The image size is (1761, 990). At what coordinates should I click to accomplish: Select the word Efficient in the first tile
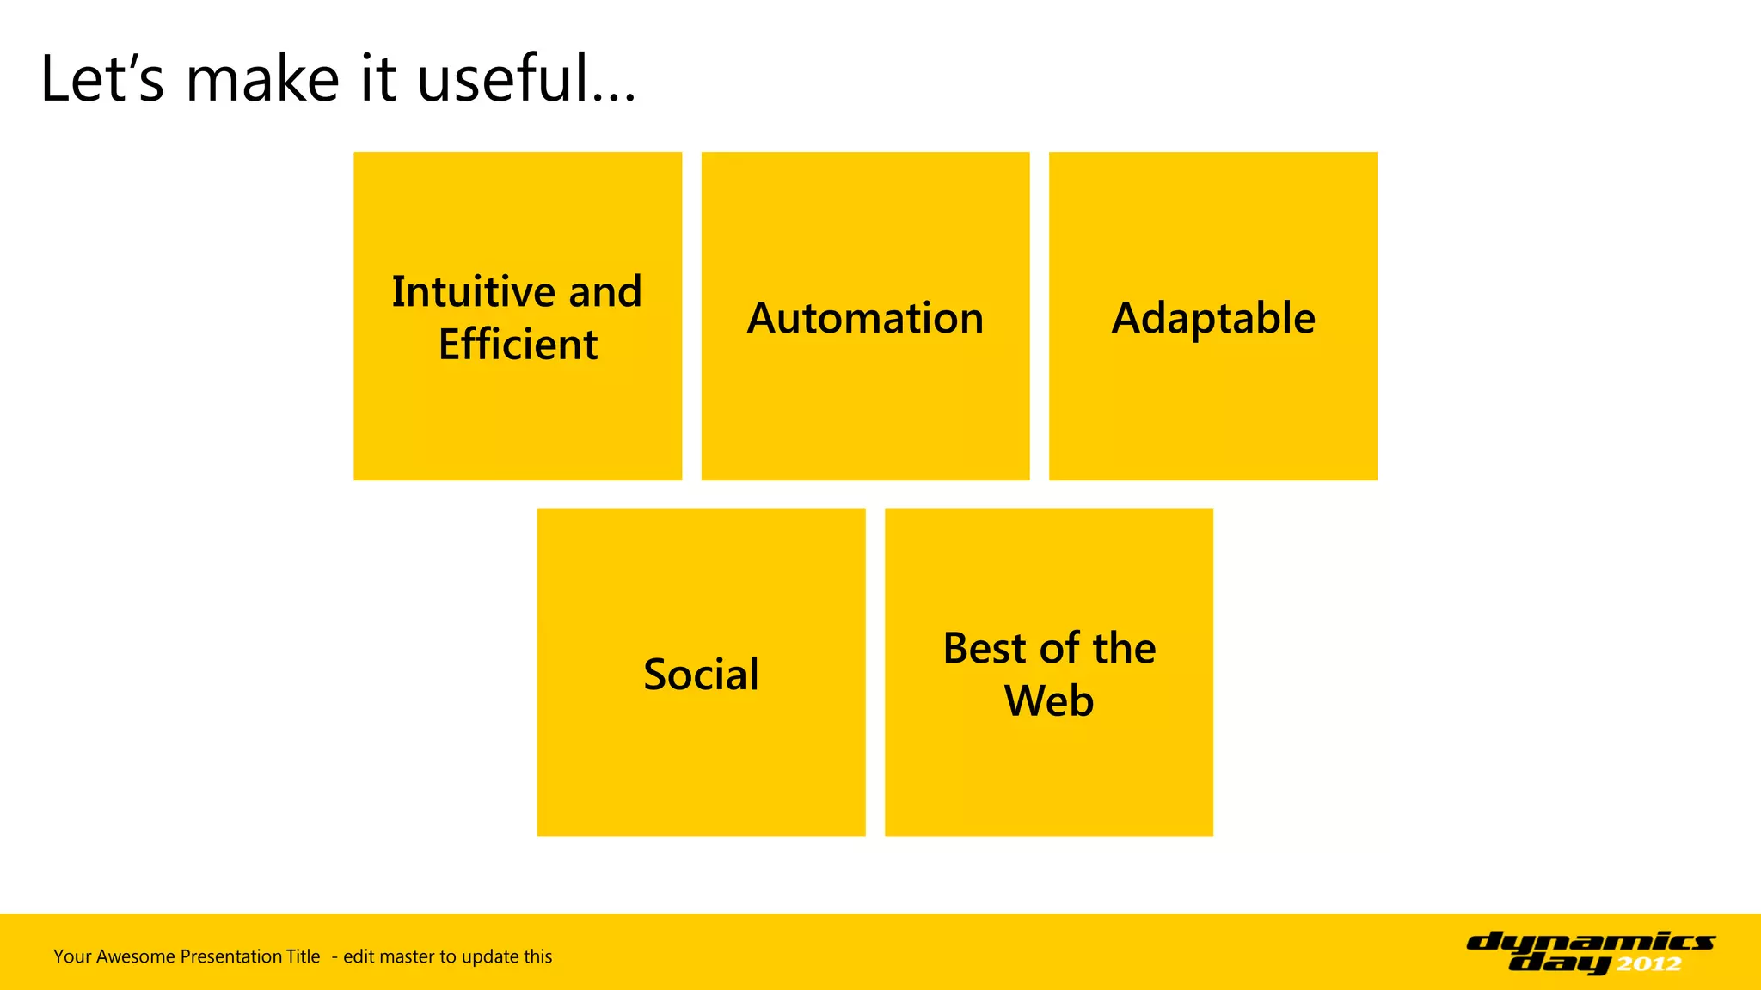pos(518,345)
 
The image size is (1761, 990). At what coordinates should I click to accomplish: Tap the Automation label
pos(865,318)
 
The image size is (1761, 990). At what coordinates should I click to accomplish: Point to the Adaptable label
pos(1213,318)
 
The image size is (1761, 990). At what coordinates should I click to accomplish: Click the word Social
pos(701,674)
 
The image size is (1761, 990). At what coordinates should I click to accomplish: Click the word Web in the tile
pos(1049,700)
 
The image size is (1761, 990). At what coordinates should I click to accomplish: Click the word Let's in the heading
pos(101,79)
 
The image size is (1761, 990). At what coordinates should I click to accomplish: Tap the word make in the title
pos(263,79)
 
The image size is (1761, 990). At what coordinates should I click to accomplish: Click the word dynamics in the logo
pos(1591,943)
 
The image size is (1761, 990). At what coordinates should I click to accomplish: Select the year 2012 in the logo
pos(1648,964)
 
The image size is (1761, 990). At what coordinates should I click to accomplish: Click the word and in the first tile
pos(605,292)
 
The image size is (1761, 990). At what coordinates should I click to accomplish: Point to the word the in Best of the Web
pos(1124,648)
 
